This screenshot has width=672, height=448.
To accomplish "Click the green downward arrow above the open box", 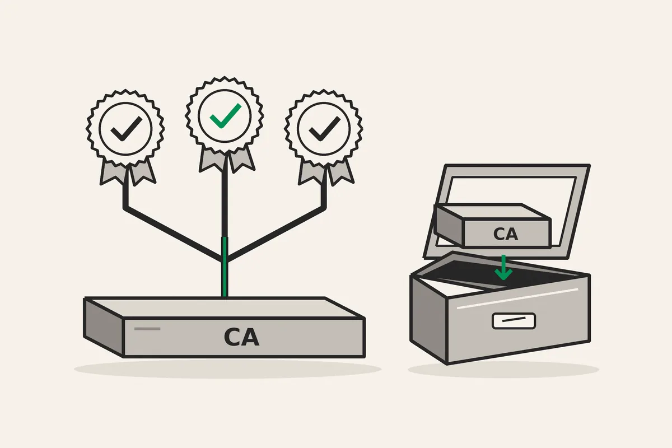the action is (x=503, y=267).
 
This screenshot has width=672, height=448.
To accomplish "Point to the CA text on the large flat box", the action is (x=241, y=337).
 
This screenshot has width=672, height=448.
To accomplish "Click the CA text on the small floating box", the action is (x=506, y=234).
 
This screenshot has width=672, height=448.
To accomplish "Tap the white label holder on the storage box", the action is (x=514, y=321).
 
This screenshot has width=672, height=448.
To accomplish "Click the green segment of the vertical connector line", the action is (x=225, y=267).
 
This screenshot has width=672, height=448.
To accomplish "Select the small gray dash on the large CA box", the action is (x=147, y=329).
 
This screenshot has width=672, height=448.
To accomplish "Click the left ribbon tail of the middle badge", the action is (x=212, y=160).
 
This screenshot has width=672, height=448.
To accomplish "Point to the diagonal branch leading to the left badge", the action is (x=172, y=233).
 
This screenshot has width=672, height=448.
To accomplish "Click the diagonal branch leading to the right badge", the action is (x=276, y=233).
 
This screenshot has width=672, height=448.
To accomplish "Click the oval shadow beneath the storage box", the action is (x=503, y=370).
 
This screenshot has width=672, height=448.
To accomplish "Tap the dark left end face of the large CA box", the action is (x=104, y=327).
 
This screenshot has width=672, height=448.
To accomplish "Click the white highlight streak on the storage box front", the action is (x=517, y=298).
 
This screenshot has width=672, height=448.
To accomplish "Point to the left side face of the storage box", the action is (x=429, y=319).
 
